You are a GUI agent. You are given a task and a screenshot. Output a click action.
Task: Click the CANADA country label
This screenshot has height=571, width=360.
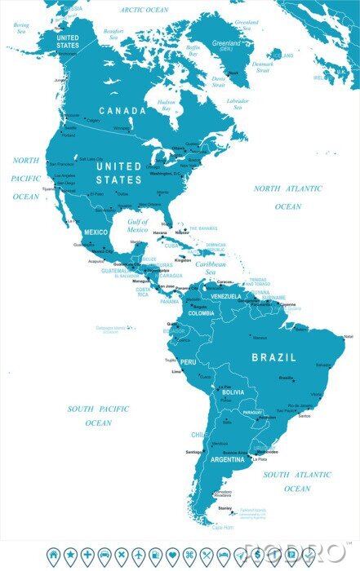click(x=122, y=110)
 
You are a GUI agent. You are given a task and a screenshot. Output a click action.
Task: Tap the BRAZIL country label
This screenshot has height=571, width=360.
click(x=274, y=357)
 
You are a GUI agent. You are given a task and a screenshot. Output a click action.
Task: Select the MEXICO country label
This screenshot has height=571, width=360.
click(x=96, y=232)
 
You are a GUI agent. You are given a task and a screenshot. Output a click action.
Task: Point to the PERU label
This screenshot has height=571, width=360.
click(x=188, y=361)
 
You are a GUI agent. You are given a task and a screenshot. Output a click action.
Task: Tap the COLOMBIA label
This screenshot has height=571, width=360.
click(x=201, y=313)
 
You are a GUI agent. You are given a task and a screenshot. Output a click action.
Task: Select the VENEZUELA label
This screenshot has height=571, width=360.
click(x=226, y=297)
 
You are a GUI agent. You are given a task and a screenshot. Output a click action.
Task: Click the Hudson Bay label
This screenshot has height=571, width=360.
click(x=167, y=105)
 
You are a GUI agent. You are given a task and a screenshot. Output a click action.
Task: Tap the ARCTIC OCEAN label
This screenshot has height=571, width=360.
click(x=144, y=10)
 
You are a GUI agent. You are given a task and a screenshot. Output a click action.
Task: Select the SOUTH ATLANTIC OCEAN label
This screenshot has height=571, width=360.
click(x=297, y=481)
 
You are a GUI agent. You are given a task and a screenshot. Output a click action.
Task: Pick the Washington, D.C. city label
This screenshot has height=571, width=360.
click(x=166, y=174)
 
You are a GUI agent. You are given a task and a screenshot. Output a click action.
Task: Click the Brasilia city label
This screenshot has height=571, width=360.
click(x=286, y=378)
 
